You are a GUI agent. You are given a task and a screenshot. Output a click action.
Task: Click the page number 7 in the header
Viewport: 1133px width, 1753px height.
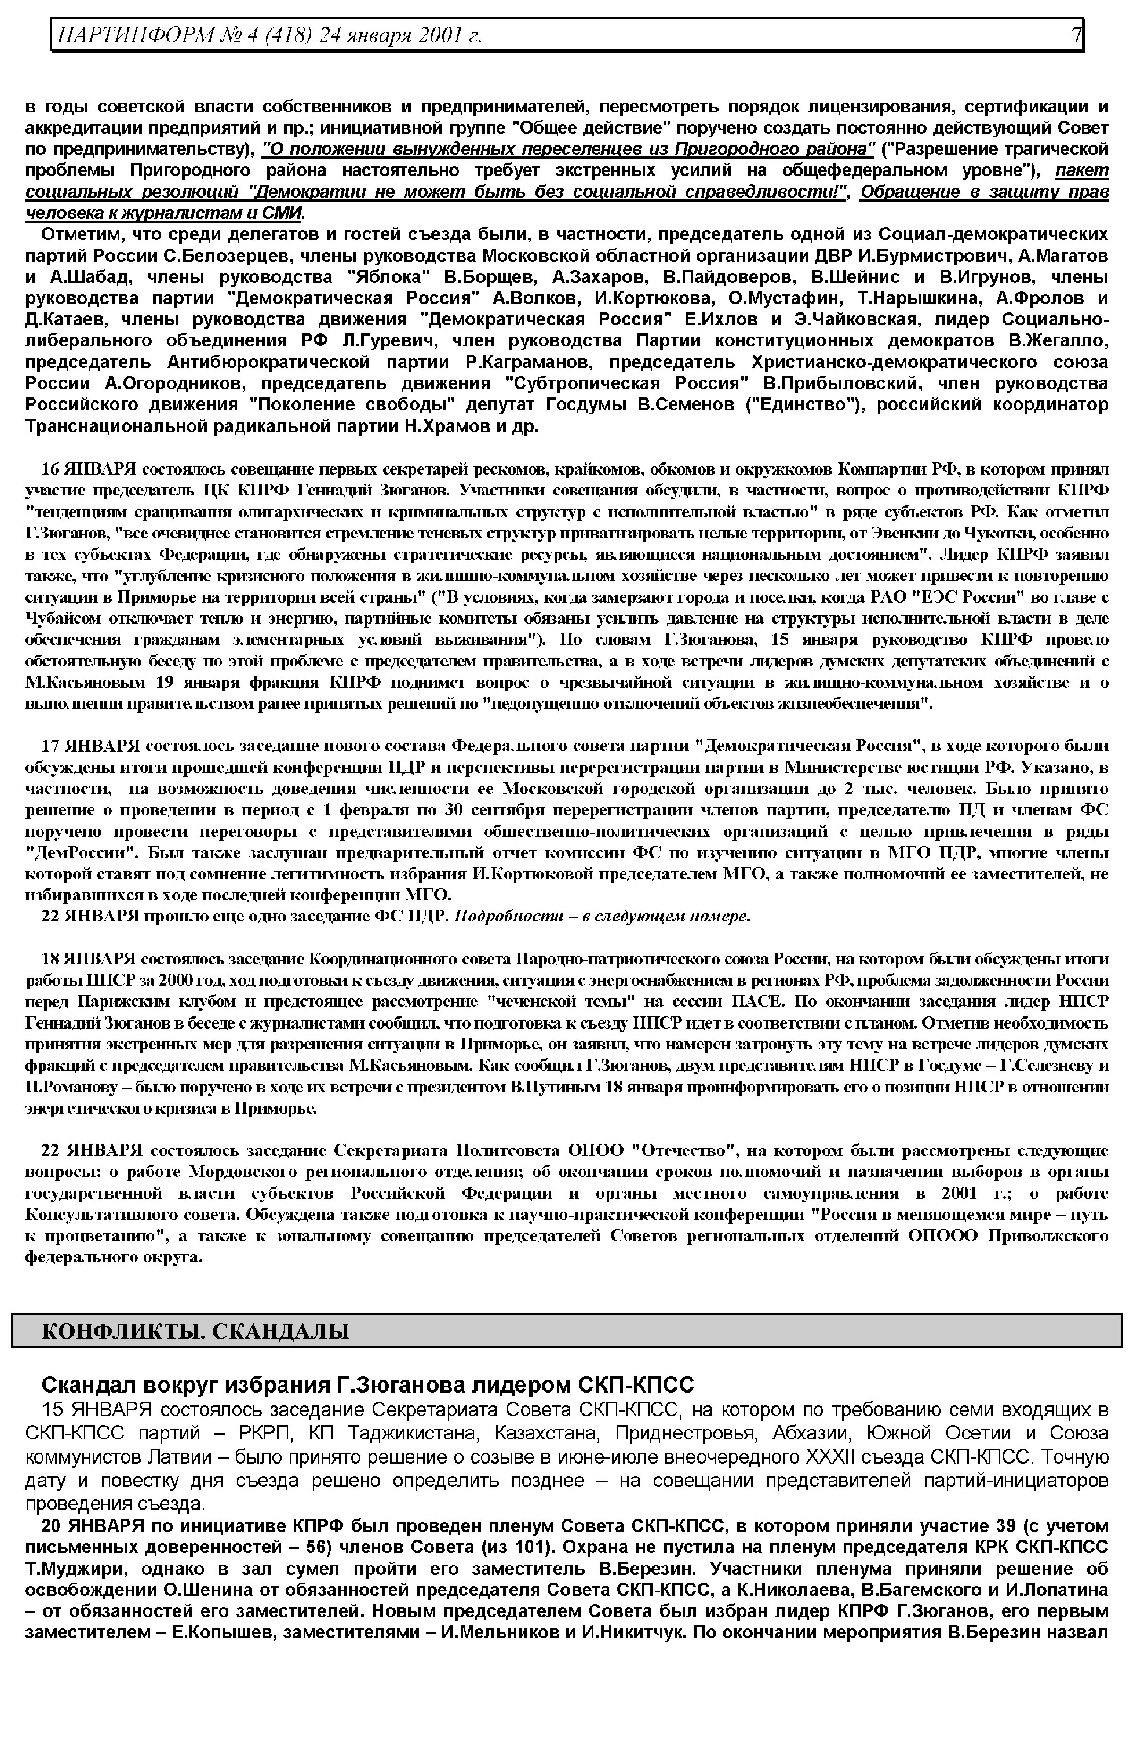(1075, 34)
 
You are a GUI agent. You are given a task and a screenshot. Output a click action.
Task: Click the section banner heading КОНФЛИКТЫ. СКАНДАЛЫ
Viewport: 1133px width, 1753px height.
(195, 1331)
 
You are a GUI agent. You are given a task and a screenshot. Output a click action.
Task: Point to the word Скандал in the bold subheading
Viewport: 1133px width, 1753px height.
(84, 1385)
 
